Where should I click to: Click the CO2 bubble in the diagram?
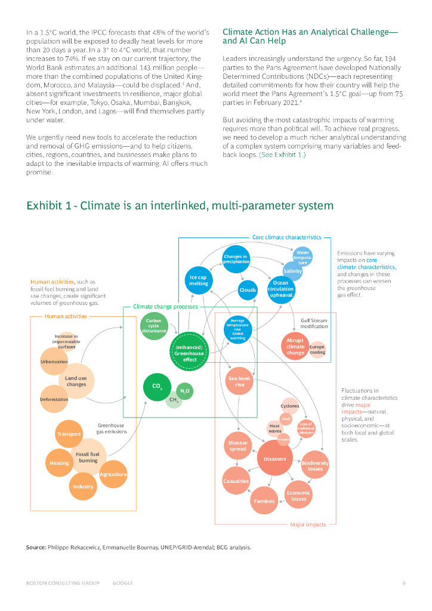pos(157,387)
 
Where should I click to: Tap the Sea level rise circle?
pos(240,381)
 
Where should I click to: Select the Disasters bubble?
pos(275,458)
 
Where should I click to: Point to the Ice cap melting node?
pos(199,280)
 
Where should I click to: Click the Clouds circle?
pos(248,290)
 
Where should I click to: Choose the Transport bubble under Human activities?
pos(69,434)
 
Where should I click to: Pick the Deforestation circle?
pos(54,399)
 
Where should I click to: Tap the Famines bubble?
pos(264,501)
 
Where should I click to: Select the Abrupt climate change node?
pos(295,346)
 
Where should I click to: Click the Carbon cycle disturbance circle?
pos(154,326)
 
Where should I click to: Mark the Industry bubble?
pos(84,486)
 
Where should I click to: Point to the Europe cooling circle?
pos(317,349)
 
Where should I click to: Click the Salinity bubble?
pos(292,271)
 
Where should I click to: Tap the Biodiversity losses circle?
pos(315,466)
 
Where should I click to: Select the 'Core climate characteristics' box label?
pos(286,237)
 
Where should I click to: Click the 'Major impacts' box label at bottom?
pos(308,524)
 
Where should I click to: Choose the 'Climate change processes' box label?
pos(165,306)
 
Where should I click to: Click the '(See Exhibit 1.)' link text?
pos(282,155)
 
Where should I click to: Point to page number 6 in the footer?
pos(404,583)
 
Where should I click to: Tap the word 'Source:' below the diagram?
pos(36,547)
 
